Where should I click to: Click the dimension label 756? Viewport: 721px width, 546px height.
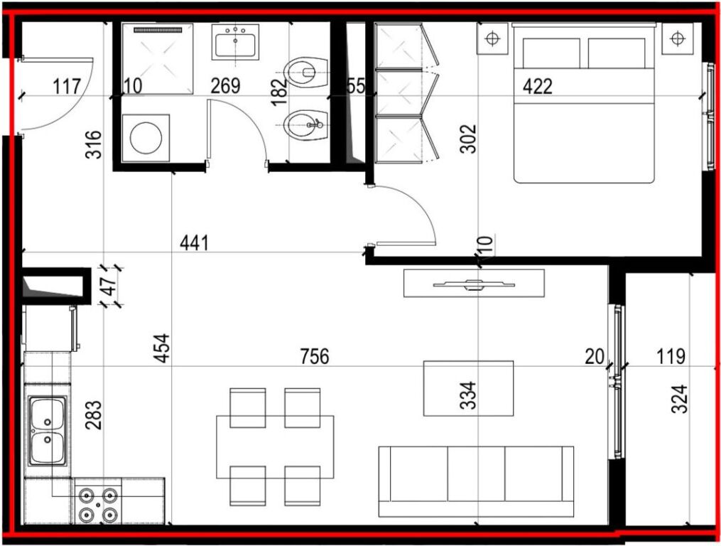point(315,356)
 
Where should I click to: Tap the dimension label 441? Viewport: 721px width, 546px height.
point(194,242)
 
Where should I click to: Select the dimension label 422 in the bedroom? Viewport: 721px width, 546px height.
point(538,86)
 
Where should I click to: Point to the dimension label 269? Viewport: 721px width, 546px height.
point(225,85)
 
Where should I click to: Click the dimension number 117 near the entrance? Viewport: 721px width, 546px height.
point(67,86)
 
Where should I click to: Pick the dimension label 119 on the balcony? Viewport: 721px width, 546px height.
point(671,356)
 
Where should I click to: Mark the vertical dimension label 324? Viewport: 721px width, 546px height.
point(680,399)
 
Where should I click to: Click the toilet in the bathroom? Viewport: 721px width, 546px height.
point(305,73)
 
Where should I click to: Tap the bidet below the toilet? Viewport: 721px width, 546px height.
point(305,124)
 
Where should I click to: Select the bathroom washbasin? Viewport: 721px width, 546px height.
point(235,42)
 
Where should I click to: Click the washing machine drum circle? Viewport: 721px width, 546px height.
point(146,138)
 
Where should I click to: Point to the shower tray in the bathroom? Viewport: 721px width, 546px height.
point(158,59)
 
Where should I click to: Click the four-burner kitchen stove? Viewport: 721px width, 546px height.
point(98,505)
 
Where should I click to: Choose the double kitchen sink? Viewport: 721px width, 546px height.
point(48,431)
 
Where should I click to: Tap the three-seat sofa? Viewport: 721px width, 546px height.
point(476,481)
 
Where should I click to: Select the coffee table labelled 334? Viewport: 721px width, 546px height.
point(468,388)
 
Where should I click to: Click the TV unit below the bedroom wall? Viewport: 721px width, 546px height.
point(474,283)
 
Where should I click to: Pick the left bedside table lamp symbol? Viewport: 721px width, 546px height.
point(492,38)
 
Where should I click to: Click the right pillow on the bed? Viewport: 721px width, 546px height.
point(616,53)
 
